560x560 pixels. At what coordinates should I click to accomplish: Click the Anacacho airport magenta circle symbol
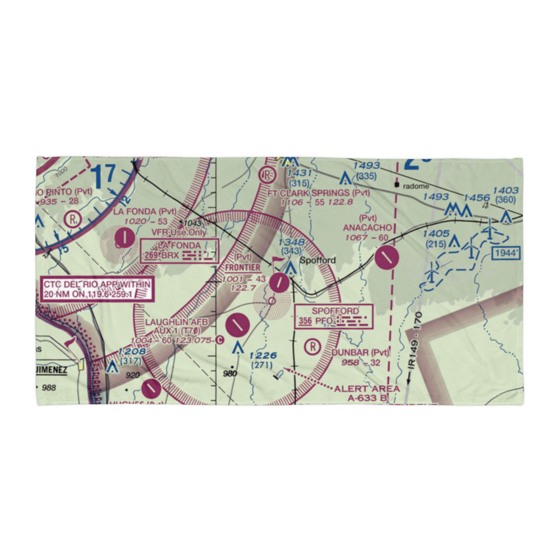tap(386, 258)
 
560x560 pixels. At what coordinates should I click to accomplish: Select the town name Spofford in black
tap(318, 260)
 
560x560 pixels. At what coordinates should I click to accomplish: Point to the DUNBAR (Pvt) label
tap(360, 352)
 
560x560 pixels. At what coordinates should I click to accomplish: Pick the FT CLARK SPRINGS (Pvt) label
tap(319, 193)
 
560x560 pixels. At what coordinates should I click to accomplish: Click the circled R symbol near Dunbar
tap(313, 347)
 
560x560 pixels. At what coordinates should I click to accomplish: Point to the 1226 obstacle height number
tap(263, 355)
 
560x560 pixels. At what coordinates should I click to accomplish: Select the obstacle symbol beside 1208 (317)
tap(112, 367)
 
